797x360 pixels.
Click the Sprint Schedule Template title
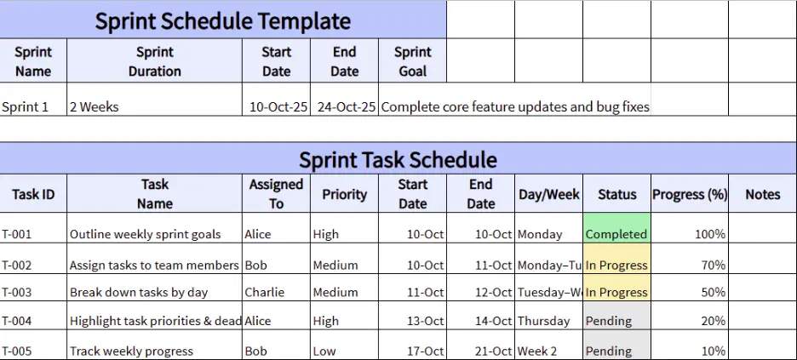222,20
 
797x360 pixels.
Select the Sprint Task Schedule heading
398,159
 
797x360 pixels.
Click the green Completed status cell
616,234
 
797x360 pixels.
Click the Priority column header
344,194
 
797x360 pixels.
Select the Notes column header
762,194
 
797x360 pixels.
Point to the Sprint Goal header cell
412,61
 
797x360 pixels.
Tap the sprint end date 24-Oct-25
346,107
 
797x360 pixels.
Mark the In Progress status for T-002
616,265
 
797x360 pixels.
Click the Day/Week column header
548,194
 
